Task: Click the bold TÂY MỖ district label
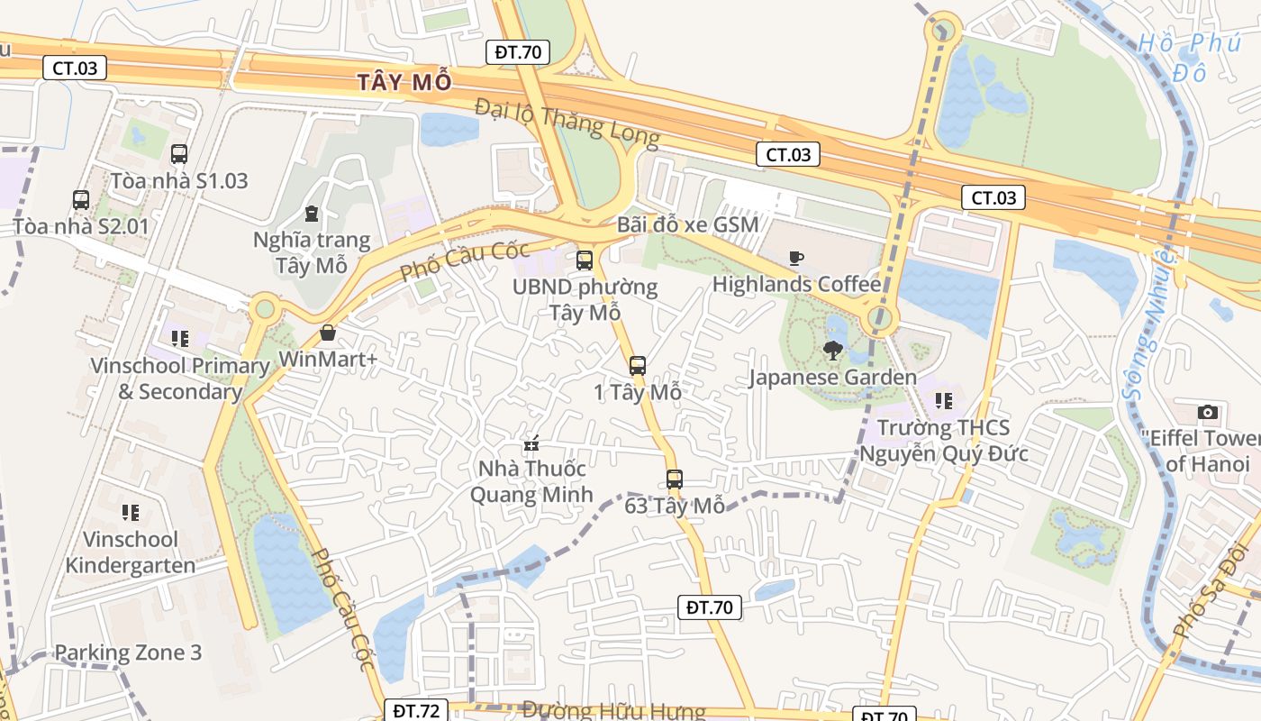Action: point(404,82)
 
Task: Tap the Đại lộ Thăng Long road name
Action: point(567,122)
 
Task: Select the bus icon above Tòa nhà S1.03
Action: point(179,154)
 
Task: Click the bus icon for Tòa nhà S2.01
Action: point(81,200)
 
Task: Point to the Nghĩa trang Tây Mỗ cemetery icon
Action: point(312,214)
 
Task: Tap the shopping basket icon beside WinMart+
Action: point(328,333)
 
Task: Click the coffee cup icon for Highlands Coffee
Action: point(795,259)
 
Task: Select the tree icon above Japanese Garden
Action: point(833,351)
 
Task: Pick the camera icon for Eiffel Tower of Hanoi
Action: point(1208,413)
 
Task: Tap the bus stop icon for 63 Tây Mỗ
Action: point(675,479)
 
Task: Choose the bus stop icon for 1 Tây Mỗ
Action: point(638,365)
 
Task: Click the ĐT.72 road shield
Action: point(416,710)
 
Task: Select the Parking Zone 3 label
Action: point(128,653)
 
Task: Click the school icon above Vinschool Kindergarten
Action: point(131,513)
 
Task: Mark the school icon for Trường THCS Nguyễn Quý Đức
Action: point(944,400)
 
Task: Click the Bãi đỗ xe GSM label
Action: point(688,224)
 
